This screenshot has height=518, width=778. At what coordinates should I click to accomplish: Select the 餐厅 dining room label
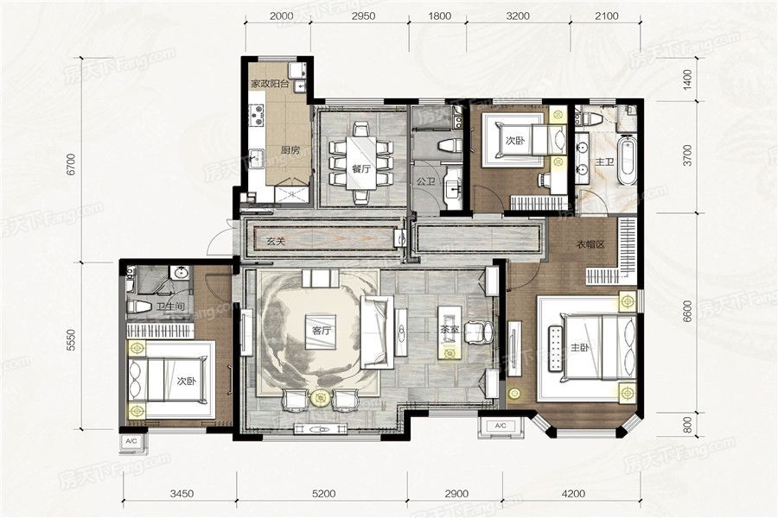tap(361, 168)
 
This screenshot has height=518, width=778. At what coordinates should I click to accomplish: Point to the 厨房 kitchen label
tap(290, 150)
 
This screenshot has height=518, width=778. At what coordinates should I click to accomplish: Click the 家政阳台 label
tap(270, 84)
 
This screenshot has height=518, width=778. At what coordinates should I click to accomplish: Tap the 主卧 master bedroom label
tap(579, 348)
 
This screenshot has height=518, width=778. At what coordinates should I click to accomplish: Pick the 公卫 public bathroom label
tap(425, 181)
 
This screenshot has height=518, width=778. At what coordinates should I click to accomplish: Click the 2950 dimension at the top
tap(363, 16)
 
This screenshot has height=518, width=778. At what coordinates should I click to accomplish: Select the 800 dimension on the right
tap(687, 426)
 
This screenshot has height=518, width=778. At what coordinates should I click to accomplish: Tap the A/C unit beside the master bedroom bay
tap(501, 426)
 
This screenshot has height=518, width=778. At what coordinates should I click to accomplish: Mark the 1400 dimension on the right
tap(687, 79)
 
